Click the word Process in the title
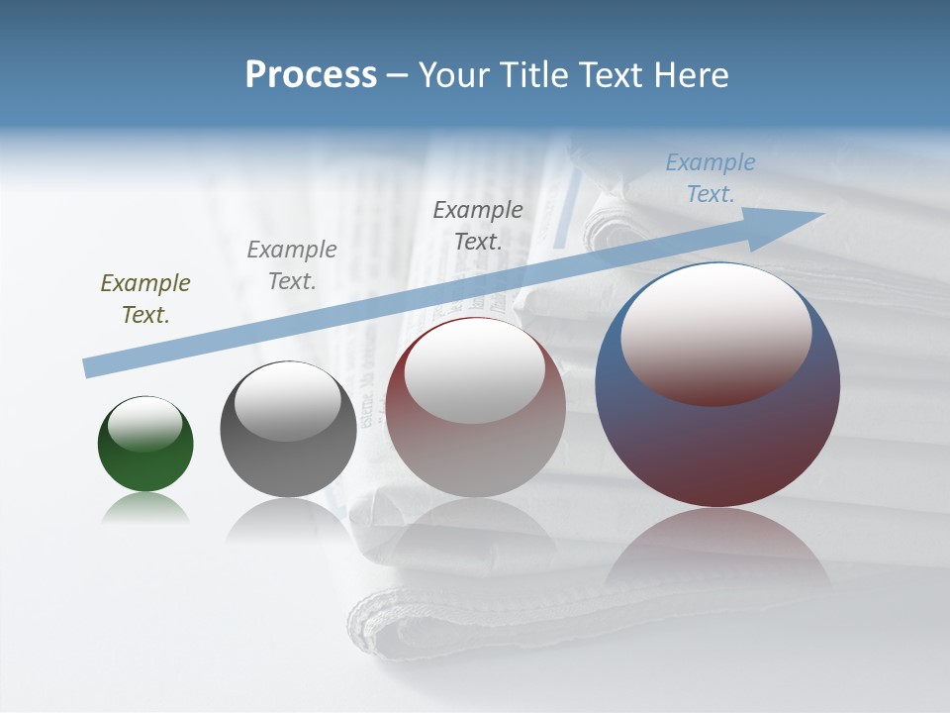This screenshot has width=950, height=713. (x=311, y=75)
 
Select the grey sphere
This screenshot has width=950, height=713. (x=288, y=465)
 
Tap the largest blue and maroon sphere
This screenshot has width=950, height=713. (x=717, y=446)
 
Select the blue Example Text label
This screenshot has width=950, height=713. (x=711, y=178)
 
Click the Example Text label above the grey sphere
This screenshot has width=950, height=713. (x=292, y=265)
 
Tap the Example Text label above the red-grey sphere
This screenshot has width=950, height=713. (x=478, y=225)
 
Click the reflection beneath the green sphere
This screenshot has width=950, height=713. (x=145, y=510)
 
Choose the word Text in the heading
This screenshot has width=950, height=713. (x=614, y=75)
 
